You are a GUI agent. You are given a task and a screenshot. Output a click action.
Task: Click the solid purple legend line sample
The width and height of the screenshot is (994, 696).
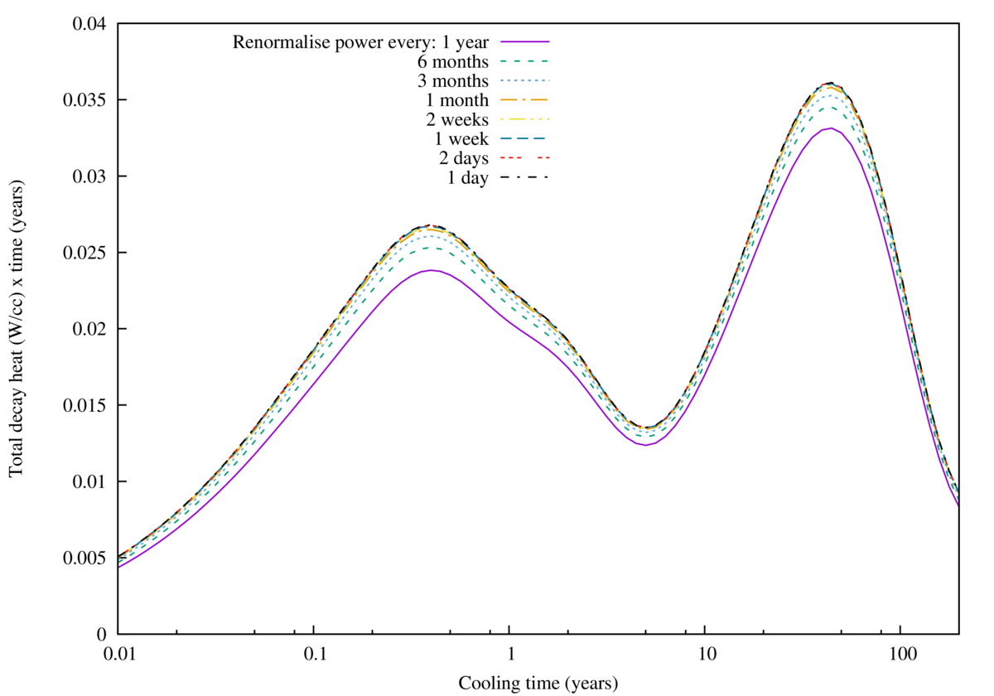[x=524, y=41]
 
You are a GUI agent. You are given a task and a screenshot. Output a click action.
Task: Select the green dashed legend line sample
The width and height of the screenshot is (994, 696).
[x=524, y=61]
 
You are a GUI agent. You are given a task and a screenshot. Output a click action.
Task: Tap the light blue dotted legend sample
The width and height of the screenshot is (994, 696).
[x=524, y=80]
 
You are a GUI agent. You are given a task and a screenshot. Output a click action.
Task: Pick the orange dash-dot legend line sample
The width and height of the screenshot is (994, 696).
[x=524, y=99]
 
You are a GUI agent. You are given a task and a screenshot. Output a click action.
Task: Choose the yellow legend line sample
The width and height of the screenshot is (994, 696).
[x=524, y=119]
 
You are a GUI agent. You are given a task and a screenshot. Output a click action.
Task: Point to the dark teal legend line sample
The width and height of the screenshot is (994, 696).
[x=523, y=138]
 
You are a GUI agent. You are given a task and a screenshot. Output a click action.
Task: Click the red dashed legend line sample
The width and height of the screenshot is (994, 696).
[x=524, y=157]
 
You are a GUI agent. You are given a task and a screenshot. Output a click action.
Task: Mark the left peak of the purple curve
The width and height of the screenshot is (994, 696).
[x=431, y=270]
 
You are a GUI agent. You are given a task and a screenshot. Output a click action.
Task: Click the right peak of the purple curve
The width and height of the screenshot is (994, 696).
[x=828, y=128]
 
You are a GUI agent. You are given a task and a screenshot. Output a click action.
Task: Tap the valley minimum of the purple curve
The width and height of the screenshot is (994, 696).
[x=646, y=445]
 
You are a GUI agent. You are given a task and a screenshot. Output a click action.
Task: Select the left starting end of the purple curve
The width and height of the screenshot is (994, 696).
[x=121, y=566]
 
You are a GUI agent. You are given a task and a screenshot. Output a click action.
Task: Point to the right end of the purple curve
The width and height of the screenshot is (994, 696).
[x=957, y=503]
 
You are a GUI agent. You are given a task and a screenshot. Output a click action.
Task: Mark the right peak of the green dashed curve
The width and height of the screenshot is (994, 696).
[x=828, y=108]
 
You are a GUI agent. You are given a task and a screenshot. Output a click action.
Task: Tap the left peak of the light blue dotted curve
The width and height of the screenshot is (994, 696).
[x=429, y=237]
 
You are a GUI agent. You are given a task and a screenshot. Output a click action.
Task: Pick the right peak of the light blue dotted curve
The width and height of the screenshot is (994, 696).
[x=828, y=96]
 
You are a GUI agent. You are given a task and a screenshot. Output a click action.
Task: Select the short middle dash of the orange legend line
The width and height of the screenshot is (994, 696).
[x=524, y=99]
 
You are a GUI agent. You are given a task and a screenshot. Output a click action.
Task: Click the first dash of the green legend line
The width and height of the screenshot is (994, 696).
[x=503, y=61]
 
